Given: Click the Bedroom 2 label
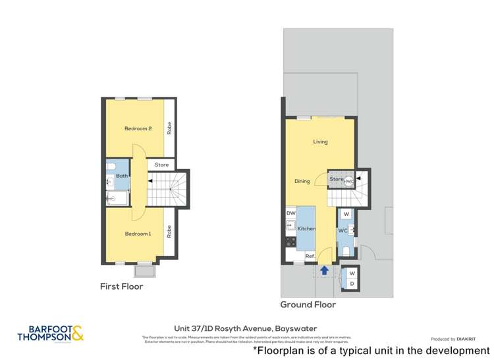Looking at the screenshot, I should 138,128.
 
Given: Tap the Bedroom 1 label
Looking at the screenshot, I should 138,234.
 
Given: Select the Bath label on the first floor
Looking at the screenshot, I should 122,176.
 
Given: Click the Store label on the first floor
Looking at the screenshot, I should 161,165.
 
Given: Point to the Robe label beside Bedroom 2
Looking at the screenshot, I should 169,128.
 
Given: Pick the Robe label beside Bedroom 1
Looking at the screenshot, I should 169,232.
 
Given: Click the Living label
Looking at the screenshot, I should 320,141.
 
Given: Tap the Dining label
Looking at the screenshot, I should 302,181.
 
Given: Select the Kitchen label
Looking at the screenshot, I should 307,228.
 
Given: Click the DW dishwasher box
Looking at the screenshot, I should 290,213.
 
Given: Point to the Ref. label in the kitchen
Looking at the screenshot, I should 309,256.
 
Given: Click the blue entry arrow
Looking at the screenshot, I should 324,269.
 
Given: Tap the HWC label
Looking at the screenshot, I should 348,181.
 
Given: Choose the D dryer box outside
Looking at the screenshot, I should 352,284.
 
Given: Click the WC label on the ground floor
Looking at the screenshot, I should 343,231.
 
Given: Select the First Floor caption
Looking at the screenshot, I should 121,286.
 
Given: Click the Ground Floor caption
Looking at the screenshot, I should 308,305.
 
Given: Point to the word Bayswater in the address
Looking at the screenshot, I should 292,328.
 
